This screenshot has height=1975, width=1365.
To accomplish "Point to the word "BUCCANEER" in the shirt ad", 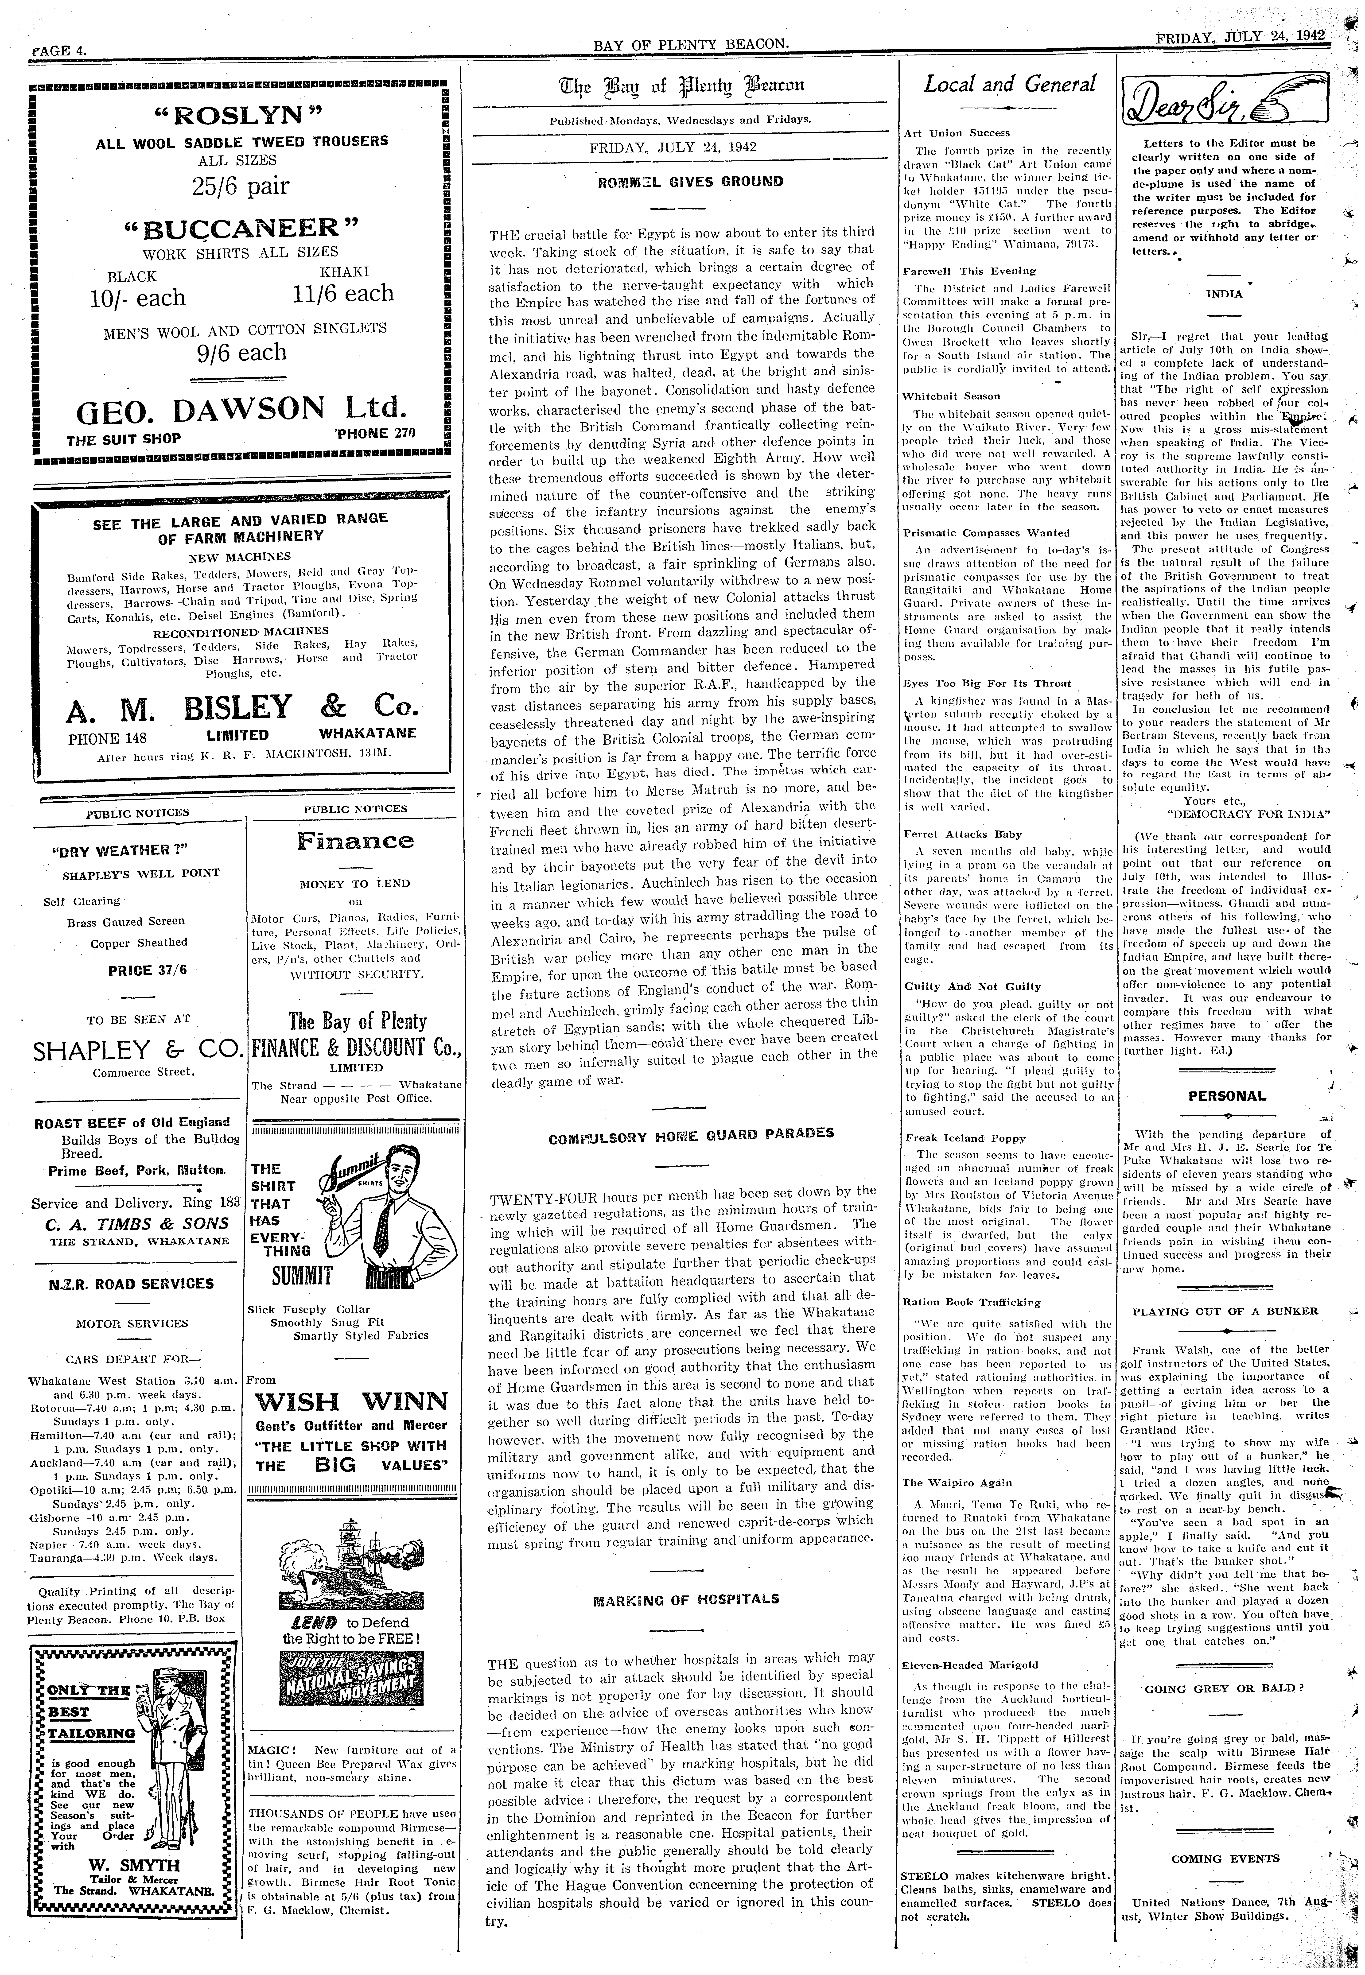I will [241, 228].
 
